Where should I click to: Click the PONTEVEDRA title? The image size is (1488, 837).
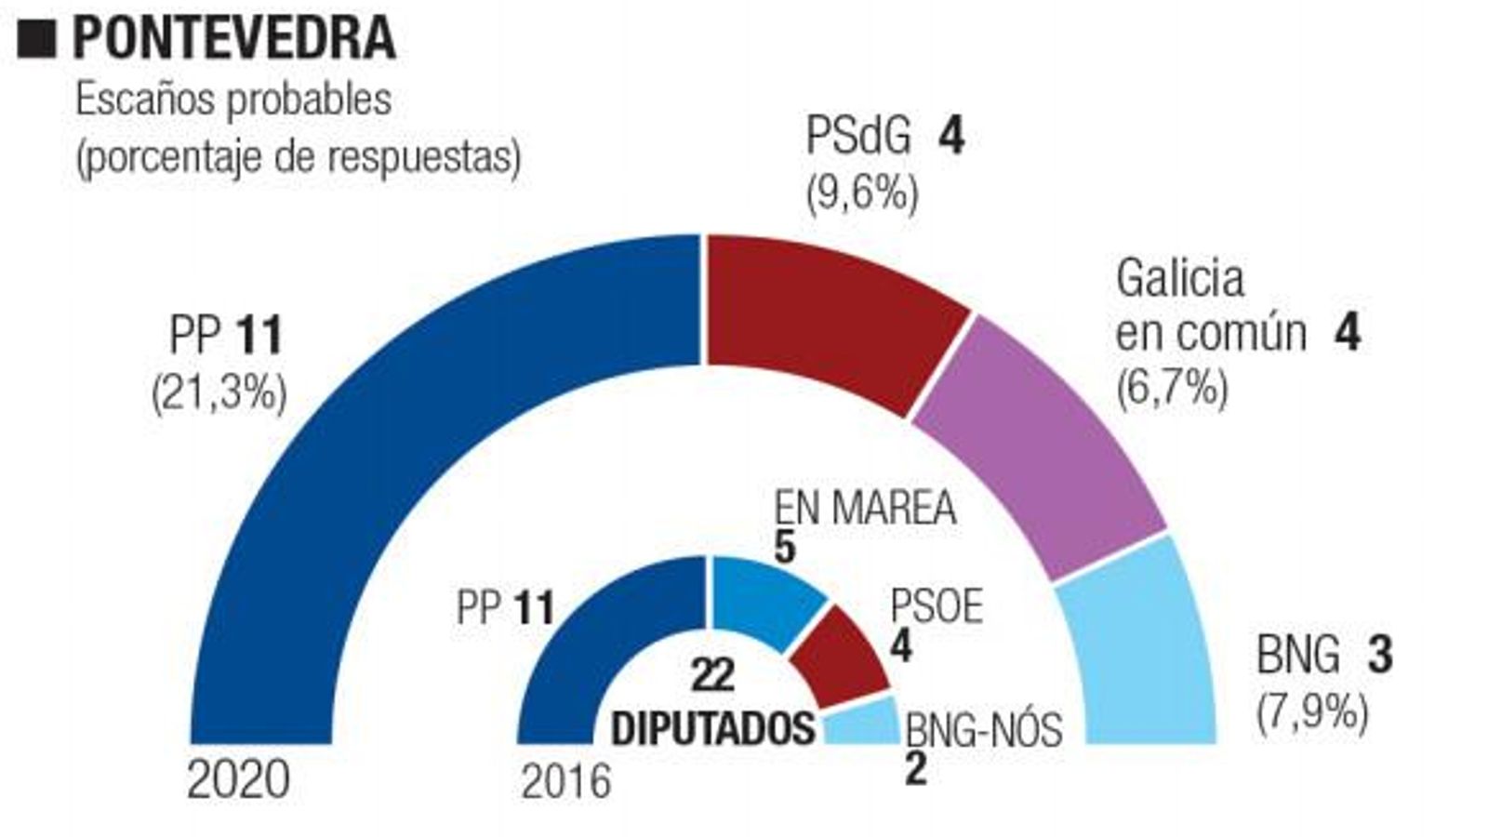(234, 39)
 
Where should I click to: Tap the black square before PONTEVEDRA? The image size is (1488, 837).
(37, 40)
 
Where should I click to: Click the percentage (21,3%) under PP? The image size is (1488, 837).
(219, 393)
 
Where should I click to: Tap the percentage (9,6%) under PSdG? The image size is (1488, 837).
(862, 194)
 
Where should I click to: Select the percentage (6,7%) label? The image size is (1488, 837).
(1172, 387)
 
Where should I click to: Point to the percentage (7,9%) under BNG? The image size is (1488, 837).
(1312, 714)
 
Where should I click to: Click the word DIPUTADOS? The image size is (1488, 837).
(713, 729)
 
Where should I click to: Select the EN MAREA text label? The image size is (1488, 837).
(865, 508)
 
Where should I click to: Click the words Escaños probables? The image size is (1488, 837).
(233, 100)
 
